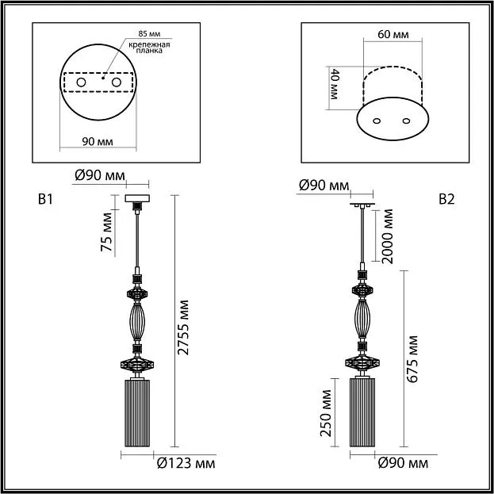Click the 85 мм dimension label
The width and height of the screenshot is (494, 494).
pyautogui.click(x=149, y=33)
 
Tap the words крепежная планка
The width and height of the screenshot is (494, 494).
pyautogui.click(x=149, y=48)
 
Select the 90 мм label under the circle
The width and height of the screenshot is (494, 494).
pyautogui.click(x=98, y=142)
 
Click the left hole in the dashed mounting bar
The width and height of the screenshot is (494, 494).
pyautogui.click(x=81, y=82)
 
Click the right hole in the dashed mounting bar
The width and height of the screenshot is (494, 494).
pyautogui.click(x=117, y=82)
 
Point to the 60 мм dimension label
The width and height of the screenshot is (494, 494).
pyautogui.click(x=393, y=34)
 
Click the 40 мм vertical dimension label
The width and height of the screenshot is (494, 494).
pyautogui.click(x=334, y=84)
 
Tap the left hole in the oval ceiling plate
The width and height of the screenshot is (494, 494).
pyautogui.click(x=377, y=121)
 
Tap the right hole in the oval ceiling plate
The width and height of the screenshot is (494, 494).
pyautogui.click(x=407, y=121)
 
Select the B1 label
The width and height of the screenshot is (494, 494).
pyautogui.click(x=46, y=200)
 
